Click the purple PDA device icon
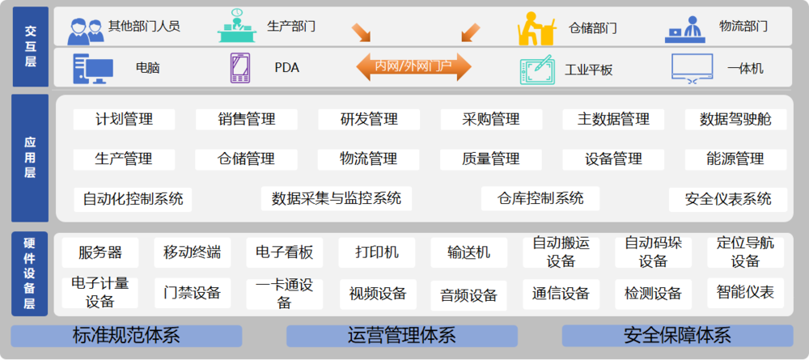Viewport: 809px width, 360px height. point(239,68)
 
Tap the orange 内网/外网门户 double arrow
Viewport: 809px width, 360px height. point(413,66)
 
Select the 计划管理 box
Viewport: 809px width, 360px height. point(125,120)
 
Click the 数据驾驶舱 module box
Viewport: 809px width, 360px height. point(735,120)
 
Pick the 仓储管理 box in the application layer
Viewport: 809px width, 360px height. point(246,159)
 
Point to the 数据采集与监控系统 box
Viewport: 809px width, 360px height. point(337,198)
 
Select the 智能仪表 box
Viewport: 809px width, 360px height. point(746,293)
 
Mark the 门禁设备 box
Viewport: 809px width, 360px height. point(193,294)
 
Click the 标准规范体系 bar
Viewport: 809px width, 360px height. point(126,336)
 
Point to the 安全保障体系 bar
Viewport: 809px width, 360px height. point(677,336)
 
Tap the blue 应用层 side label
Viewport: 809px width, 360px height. point(30,158)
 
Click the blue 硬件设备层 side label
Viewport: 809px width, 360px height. point(30,274)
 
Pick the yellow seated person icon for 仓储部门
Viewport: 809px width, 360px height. point(536,28)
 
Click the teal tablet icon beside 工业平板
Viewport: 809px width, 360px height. point(538,70)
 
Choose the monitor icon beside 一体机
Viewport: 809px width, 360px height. point(692,68)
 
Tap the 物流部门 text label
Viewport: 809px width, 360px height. point(743,27)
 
